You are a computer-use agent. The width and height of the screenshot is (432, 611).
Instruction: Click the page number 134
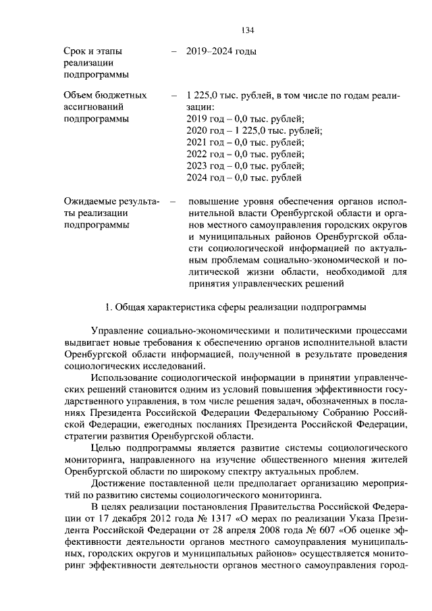[247, 30]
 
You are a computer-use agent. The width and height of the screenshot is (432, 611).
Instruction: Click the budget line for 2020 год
[254, 130]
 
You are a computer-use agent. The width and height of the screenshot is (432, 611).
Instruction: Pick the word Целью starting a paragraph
[107, 447]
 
